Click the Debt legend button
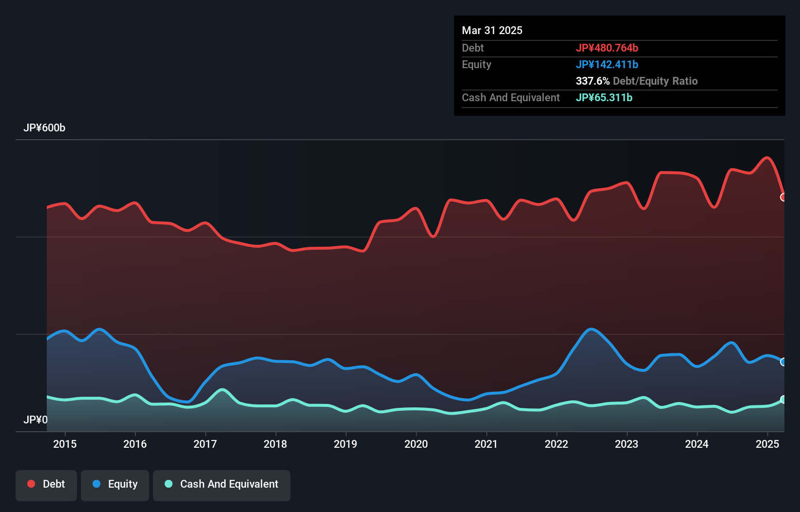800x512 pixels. click(46, 485)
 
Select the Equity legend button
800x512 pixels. click(115, 485)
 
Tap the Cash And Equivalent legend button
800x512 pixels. click(222, 485)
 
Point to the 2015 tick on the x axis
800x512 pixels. click(65, 444)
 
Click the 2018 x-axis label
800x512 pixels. click(275, 444)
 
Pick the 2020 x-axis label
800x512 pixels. click(416, 444)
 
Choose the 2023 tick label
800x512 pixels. click(627, 444)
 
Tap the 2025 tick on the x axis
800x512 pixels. click(767, 444)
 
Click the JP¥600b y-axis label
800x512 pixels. click(44, 128)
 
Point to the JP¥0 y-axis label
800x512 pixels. click(36, 420)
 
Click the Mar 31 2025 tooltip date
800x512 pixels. click(492, 31)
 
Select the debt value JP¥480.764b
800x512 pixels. click(607, 48)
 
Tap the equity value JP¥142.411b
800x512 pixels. click(607, 65)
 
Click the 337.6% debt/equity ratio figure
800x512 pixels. click(592, 81)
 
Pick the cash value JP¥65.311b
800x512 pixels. click(604, 98)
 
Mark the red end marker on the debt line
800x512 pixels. click(783, 197)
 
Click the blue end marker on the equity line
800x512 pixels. click(783, 362)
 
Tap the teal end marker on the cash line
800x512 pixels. click(783, 400)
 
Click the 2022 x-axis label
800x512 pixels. click(556, 444)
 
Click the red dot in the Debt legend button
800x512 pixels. click(31, 484)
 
